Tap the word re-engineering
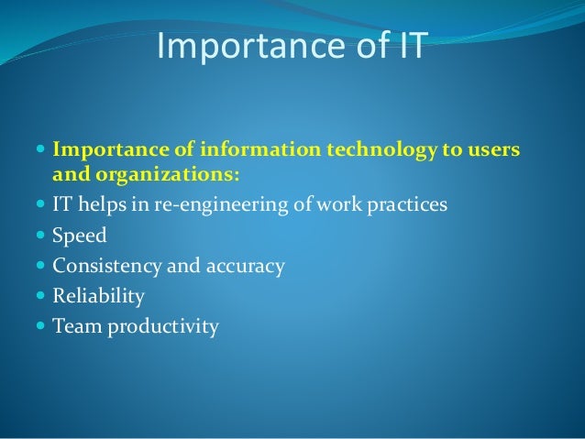(x=225, y=204)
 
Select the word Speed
(x=80, y=236)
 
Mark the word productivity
(x=163, y=327)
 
